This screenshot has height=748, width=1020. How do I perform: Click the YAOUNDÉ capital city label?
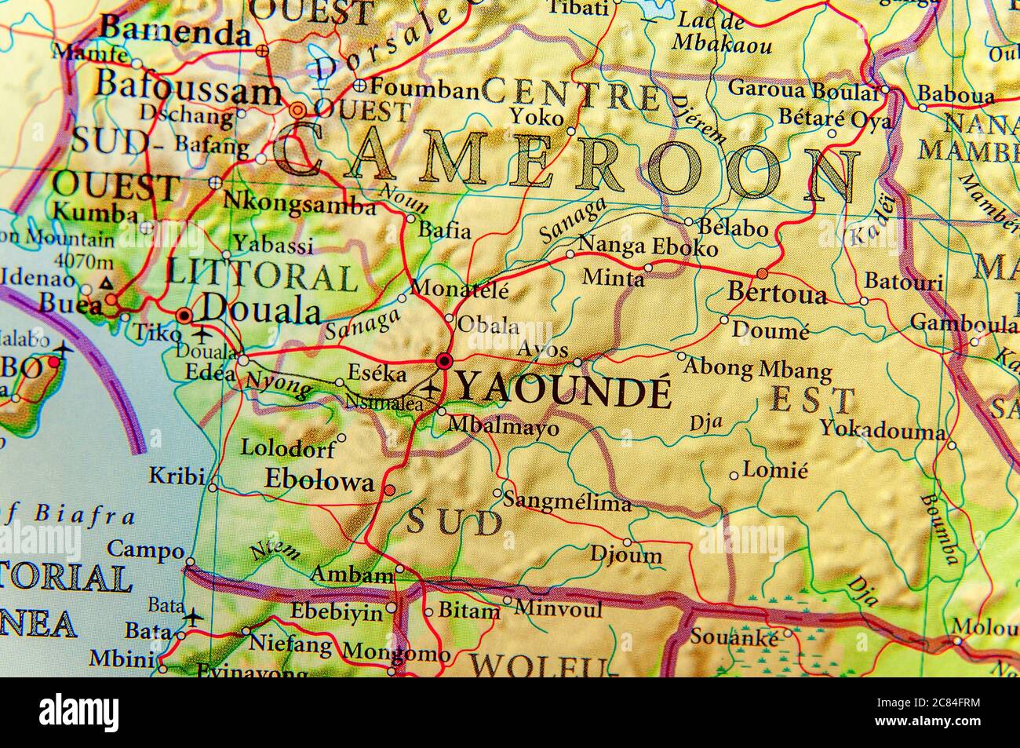tap(563, 390)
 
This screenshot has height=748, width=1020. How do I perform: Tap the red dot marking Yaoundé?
tap(444, 360)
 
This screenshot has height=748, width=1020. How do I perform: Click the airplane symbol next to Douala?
tap(203, 334)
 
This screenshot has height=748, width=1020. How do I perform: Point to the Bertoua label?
tap(777, 294)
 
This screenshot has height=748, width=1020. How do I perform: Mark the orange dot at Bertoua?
tap(762, 273)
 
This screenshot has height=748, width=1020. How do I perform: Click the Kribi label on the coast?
tap(177, 476)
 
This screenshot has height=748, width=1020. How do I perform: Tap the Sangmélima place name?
tap(566, 502)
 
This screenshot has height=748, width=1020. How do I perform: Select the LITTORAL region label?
tap(262, 276)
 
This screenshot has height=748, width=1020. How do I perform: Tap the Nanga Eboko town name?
tap(647, 247)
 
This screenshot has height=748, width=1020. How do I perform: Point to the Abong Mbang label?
tap(759, 368)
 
